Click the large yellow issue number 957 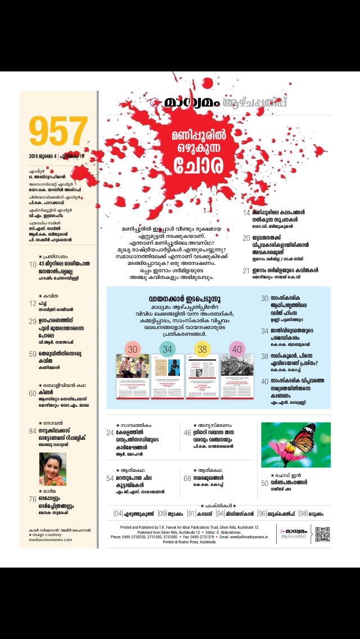pyautogui.click(x=58, y=132)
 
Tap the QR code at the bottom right pyautogui.click(x=322, y=534)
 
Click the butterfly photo pyautogui.click(x=295, y=444)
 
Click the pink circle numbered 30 pyautogui.click(x=133, y=349)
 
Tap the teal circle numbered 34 pyautogui.click(x=168, y=349)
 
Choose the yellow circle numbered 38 pyautogui.click(x=202, y=349)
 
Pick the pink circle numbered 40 pyautogui.click(x=237, y=349)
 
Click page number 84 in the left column pyautogui.click(x=33, y=432)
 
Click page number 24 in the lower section pyautogui.click(x=110, y=433)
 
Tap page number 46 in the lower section pyautogui.click(x=187, y=433)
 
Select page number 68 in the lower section pyautogui.click(x=187, y=478)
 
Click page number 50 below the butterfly pyautogui.click(x=264, y=483)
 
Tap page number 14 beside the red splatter pyautogui.click(x=246, y=213)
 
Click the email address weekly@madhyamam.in pyautogui.click(x=243, y=537)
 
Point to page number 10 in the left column pyautogui.click(x=33, y=264)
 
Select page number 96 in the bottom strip pyautogui.click(x=262, y=513)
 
